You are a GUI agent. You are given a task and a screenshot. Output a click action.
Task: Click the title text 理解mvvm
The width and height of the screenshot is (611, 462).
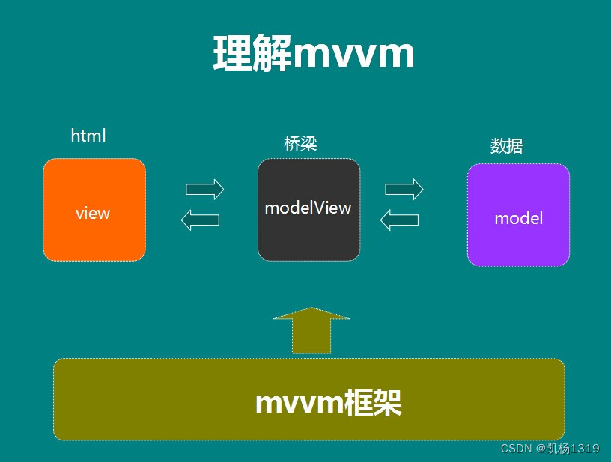pyautogui.click(x=313, y=54)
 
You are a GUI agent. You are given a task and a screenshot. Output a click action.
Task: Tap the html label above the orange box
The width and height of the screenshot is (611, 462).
pyautogui.click(x=88, y=136)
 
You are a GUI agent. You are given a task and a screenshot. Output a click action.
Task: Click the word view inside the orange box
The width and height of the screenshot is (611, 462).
pyautogui.click(x=93, y=213)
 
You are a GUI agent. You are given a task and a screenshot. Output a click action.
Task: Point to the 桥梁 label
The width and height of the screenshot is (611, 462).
pyautogui.click(x=300, y=144)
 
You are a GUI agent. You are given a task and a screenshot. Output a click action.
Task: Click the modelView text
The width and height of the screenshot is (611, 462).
pyautogui.click(x=308, y=208)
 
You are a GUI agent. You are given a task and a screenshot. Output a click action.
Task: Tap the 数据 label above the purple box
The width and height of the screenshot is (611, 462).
pyautogui.click(x=506, y=146)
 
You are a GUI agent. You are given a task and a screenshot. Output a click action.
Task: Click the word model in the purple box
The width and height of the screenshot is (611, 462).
pyautogui.click(x=518, y=218)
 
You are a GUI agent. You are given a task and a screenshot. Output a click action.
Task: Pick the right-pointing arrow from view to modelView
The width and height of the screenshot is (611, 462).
pyautogui.click(x=205, y=190)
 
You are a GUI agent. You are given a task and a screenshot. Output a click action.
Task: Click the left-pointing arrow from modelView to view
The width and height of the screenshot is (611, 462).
pyautogui.click(x=201, y=220)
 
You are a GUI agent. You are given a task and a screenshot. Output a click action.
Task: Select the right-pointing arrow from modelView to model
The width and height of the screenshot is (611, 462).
pyautogui.click(x=404, y=190)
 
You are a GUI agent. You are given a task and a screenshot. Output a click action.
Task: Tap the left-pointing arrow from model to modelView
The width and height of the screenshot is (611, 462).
pyautogui.click(x=399, y=220)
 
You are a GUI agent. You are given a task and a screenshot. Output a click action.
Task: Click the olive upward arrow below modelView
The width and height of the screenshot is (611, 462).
pyautogui.click(x=311, y=330)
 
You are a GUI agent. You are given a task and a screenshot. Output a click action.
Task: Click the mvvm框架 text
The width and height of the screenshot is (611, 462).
pyautogui.click(x=328, y=403)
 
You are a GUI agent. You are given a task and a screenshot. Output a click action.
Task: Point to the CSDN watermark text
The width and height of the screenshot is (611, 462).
pyautogui.click(x=516, y=448)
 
